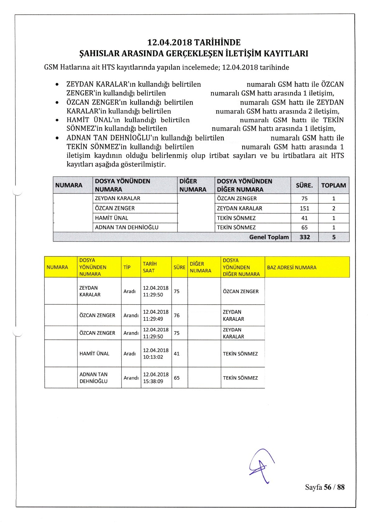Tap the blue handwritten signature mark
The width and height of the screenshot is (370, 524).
[262, 466]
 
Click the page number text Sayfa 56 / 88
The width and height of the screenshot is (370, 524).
[325, 487]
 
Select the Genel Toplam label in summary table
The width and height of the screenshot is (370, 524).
[269, 237]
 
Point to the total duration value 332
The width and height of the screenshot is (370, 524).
[305, 237]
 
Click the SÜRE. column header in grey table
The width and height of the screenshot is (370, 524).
[304, 185]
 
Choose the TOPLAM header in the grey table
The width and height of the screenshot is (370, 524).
[334, 185]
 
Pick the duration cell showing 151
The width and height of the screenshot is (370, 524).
[304, 208]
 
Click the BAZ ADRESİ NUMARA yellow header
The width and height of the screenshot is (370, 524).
[292, 267]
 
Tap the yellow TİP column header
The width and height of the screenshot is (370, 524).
[127, 267]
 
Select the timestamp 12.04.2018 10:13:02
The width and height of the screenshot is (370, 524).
[155, 353]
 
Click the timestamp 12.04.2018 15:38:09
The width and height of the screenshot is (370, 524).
[155, 378]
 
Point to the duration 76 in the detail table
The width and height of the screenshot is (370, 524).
[177, 315]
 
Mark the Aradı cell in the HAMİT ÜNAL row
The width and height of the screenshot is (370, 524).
[129, 353]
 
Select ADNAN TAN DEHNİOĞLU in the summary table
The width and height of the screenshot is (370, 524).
[127, 227]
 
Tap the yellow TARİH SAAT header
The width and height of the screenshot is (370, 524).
[150, 267]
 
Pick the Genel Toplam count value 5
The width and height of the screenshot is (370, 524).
[334, 237]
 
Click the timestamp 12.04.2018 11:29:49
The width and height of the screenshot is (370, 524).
[155, 315]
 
